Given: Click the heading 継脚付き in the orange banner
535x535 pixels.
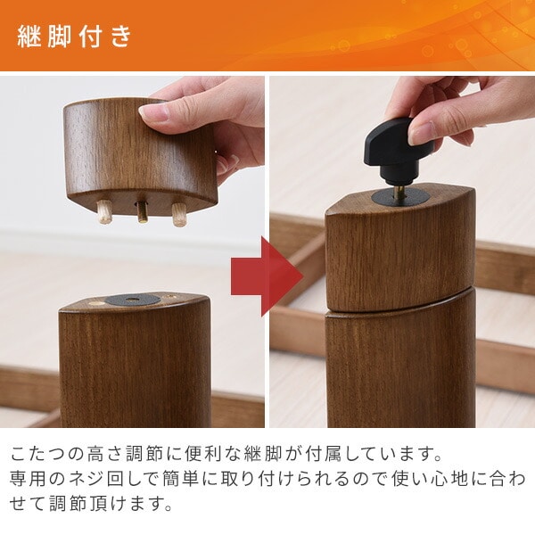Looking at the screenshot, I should (74, 36).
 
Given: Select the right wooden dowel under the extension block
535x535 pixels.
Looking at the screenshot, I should (179, 215).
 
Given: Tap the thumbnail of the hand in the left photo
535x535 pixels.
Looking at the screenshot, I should (154, 113).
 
